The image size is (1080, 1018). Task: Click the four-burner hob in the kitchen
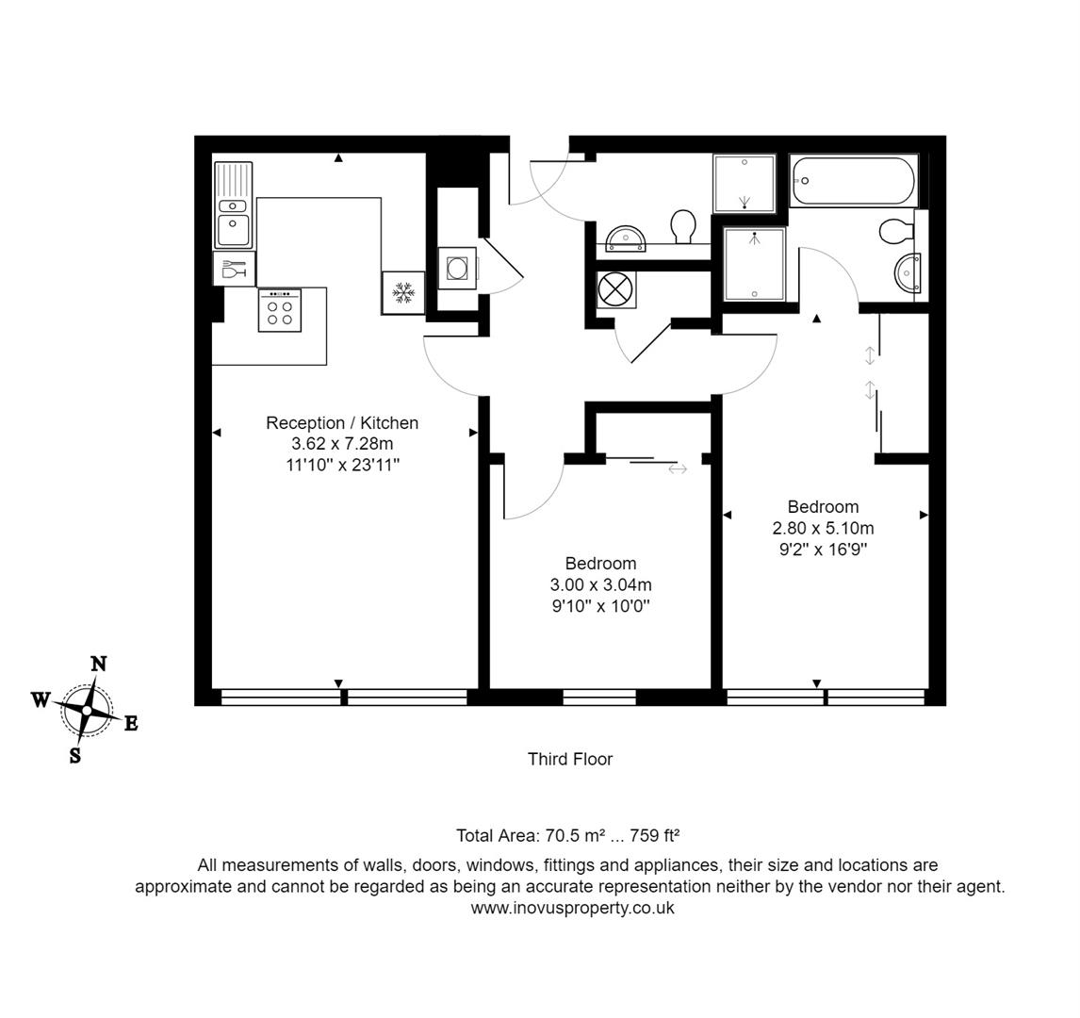(280, 310)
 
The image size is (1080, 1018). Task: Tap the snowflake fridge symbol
(403, 292)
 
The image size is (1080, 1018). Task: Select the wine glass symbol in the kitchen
(234, 270)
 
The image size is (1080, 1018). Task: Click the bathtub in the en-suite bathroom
(854, 181)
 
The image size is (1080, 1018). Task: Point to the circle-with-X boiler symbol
(616, 288)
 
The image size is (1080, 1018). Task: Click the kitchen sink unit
(233, 205)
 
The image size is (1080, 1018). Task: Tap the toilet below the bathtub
(896, 230)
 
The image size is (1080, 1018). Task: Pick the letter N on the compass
(98, 664)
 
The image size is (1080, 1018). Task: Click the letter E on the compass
(131, 724)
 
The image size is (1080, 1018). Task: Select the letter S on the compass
(75, 755)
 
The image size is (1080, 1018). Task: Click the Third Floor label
(570, 759)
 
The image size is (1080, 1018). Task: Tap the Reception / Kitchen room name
(342, 423)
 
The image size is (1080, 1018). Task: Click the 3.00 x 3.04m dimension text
(601, 585)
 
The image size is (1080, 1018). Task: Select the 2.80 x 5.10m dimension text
(823, 528)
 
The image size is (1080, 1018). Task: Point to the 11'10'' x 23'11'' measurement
(342, 465)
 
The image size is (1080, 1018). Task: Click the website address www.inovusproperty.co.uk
(572, 908)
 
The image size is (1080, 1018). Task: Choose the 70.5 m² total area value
(578, 835)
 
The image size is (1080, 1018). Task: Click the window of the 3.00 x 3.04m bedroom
(599, 698)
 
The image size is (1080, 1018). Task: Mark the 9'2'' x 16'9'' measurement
(823, 550)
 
